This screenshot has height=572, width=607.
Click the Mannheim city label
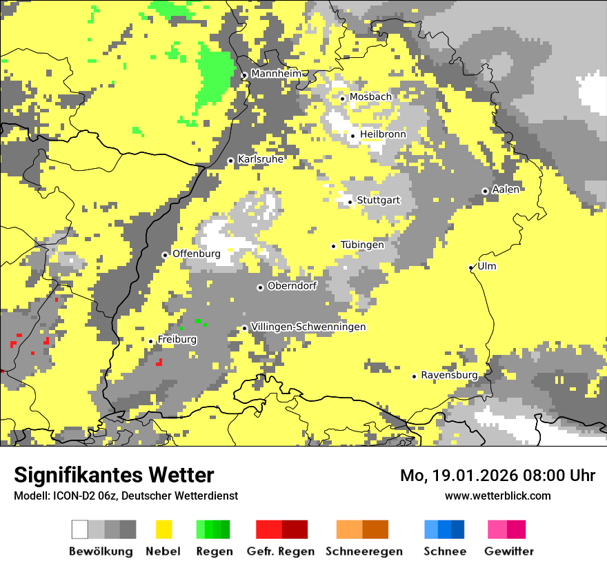[276, 74]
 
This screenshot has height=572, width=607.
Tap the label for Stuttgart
[378, 201]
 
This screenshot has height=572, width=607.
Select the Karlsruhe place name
[261, 159]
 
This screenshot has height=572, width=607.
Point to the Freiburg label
[177, 340]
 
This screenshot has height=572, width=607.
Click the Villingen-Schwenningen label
[308, 327]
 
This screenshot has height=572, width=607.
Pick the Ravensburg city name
[449, 375]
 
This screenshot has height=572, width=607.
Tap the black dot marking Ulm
[470, 267]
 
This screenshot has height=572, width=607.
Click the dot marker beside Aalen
[485, 191]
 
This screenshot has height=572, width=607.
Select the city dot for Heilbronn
[352, 136]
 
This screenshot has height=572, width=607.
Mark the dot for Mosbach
[342, 99]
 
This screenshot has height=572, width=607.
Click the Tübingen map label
[362, 245]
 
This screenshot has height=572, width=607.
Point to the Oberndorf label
[292, 286]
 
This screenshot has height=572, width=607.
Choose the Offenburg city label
[197, 254]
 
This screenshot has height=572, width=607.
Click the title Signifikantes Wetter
[114, 475]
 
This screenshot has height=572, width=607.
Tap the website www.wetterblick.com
[497, 496]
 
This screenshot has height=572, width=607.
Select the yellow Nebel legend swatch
[163, 529]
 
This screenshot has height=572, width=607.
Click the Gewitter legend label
[508, 551]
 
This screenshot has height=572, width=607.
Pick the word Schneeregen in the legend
[364, 551]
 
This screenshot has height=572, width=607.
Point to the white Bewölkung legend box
[80, 529]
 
